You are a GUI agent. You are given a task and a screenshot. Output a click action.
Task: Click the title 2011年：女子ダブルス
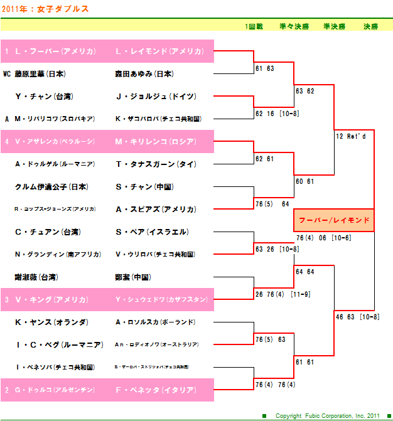(x=45, y=9)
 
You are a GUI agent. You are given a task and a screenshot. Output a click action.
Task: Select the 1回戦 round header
(x=254, y=26)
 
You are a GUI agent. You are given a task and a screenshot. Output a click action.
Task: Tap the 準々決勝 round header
(x=294, y=26)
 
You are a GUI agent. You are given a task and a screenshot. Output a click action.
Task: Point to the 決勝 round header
(x=370, y=26)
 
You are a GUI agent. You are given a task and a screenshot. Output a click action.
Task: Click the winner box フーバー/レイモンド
(x=334, y=221)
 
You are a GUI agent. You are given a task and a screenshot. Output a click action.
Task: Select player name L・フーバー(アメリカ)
(x=55, y=51)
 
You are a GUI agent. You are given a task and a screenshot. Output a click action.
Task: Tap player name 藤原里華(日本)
(x=40, y=74)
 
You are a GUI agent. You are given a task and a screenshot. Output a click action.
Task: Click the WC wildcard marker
(x=7, y=74)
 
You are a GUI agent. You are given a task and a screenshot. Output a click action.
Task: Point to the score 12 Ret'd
(x=350, y=136)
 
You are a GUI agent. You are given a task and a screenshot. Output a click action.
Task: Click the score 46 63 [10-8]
(x=357, y=317)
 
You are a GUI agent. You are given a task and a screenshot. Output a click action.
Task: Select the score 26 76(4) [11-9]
(x=282, y=294)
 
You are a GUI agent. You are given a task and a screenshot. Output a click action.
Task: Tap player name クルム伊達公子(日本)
(x=51, y=187)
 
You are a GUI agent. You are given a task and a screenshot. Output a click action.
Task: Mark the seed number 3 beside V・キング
(x=6, y=300)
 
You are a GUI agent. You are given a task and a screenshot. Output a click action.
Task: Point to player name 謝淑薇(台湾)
(x=36, y=277)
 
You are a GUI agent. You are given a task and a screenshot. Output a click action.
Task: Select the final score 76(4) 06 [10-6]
(x=323, y=238)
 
